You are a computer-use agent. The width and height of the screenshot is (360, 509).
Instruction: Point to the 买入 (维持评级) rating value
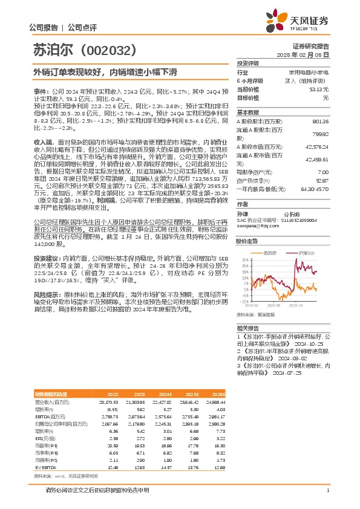[309, 80]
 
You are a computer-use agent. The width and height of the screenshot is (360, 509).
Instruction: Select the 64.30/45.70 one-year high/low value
[315, 189]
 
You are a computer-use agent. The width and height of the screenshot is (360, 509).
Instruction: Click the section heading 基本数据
[248, 112]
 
